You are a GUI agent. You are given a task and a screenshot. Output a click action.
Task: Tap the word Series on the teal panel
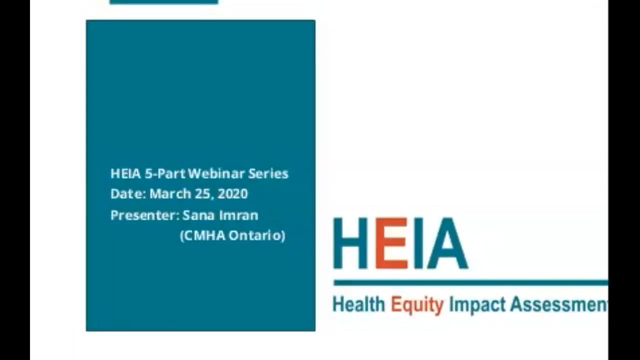[x=268, y=174]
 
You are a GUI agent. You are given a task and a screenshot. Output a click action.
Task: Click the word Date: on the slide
[x=128, y=194]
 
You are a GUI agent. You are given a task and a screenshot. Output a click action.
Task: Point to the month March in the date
[x=170, y=194]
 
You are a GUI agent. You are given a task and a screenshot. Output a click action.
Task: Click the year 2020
[x=232, y=194]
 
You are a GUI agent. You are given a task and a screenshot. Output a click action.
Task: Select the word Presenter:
[x=144, y=215]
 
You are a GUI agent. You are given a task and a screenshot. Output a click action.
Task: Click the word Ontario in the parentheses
[x=258, y=235]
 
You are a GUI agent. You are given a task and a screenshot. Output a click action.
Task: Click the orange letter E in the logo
[x=391, y=243]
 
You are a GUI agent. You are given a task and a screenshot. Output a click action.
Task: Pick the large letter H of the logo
[x=350, y=243]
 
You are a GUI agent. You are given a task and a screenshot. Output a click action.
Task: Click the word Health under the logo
[x=358, y=304]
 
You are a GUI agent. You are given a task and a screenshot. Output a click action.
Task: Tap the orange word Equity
[x=416, y=304]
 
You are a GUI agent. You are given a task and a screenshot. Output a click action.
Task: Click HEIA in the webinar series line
[x=125, y=174]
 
